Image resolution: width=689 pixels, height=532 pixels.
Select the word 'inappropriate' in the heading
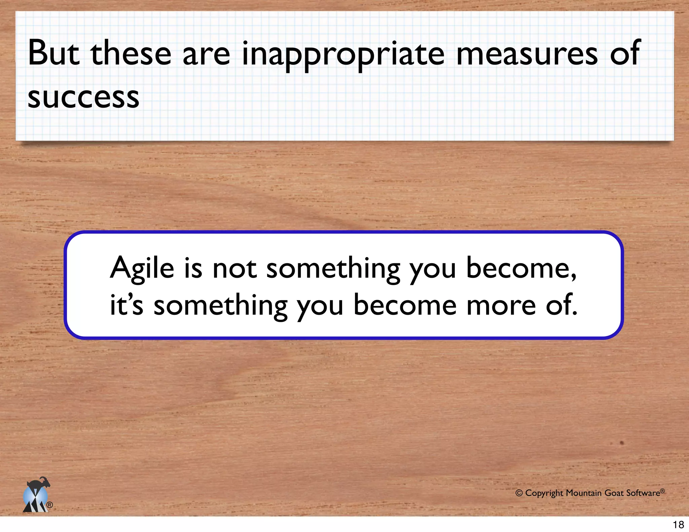coord(343,54)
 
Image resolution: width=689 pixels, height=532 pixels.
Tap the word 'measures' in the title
coord(527,54)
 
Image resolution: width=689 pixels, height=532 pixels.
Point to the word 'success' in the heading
coord(83,98)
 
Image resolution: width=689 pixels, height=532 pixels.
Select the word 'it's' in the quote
coord(126,305)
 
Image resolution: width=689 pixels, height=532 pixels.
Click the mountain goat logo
coord(36,495)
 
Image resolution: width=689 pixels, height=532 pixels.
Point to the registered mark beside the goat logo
coord(49,505)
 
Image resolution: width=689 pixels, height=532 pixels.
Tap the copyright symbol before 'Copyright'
coord(519,493)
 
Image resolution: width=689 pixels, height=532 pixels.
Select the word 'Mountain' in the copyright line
coord(584,493)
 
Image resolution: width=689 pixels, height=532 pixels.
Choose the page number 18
coord(678,525)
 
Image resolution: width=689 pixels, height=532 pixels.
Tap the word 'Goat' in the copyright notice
coord(614,493)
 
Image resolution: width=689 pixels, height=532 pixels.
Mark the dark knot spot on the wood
coord(622,443)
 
